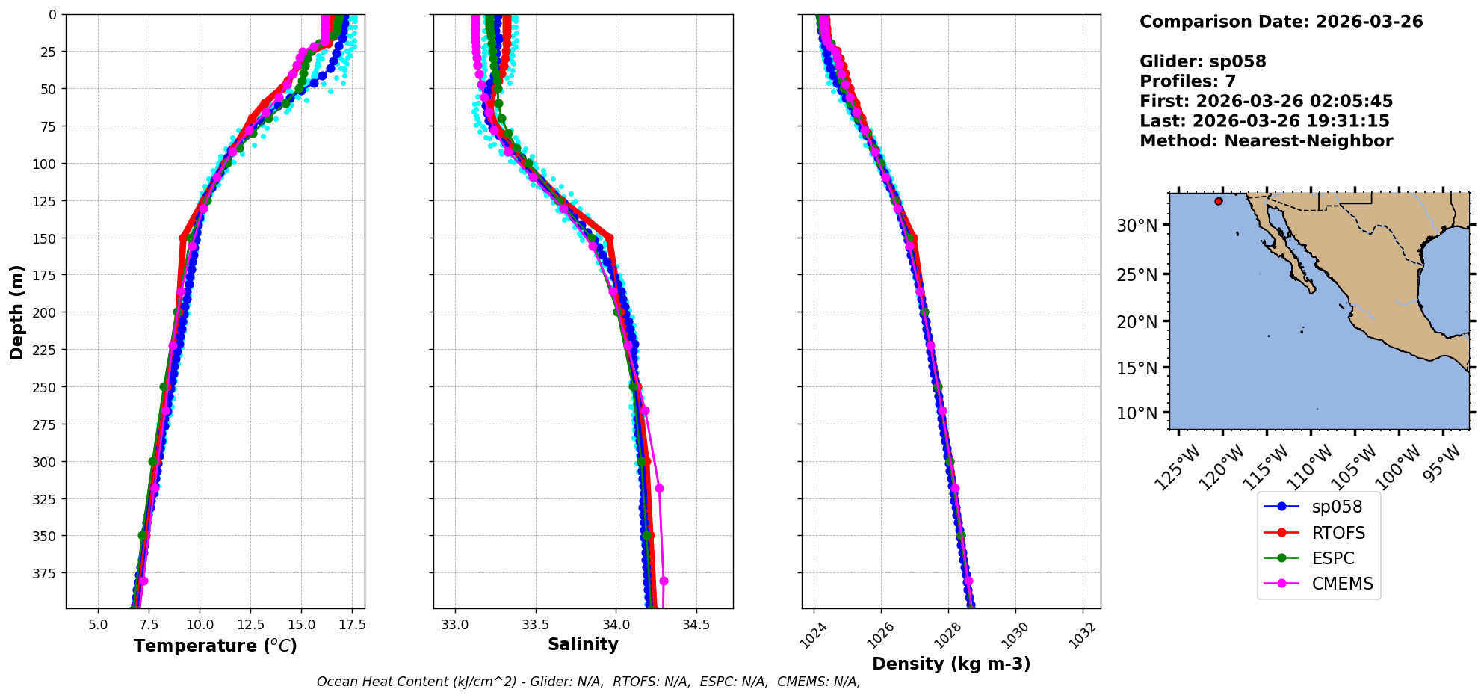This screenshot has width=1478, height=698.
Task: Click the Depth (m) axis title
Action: [16, 312]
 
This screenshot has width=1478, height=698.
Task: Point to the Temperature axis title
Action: [215, 646]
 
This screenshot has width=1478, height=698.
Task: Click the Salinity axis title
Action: [583, 644]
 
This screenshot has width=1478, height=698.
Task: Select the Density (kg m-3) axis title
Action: [951, 664]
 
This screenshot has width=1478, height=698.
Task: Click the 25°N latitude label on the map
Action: [1137, 275]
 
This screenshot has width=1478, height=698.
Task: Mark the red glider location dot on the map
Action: [1219, 201]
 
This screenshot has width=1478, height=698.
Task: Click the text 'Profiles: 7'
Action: [1187, 81]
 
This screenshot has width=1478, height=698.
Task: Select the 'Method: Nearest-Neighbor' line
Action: [1266, 141]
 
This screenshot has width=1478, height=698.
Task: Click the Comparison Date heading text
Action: [1281, 22]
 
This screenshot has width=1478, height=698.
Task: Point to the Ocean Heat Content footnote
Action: [588, 682]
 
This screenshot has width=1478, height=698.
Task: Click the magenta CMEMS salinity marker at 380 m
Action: [664, 581]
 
